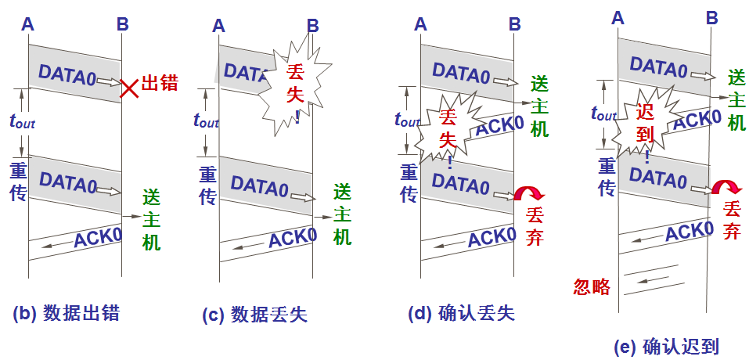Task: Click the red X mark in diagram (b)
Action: (129, 88)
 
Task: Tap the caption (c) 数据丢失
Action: (254, 315)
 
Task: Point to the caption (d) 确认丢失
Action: (462, 313)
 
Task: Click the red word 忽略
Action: (592, 286)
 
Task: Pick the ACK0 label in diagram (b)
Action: (98, 238)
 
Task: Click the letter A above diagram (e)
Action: (618, 15)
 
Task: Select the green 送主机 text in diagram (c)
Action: (342, 214)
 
